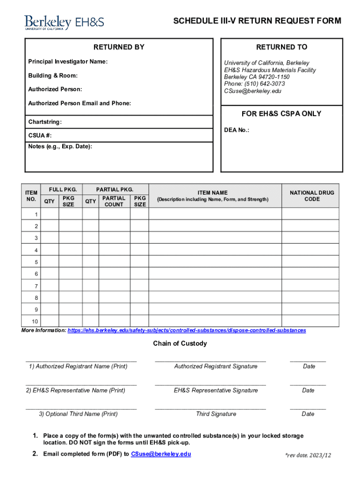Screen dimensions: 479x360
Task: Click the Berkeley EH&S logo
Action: [64, 22]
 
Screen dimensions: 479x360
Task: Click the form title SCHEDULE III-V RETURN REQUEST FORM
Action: [257, 21]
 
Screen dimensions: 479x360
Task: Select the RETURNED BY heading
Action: [119, 47]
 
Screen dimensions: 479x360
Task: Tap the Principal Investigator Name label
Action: [68, 62]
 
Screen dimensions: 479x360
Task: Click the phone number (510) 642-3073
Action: [254, 84]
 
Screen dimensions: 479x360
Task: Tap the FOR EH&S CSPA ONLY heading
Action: [281, 114]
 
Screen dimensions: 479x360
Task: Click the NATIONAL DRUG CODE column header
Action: [312, 196]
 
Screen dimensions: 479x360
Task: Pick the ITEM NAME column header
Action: [213, 193]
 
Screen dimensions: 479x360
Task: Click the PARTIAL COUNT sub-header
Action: [114, 201]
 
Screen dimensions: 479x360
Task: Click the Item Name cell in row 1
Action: [215, 214]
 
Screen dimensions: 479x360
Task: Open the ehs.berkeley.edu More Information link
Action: [187, 330]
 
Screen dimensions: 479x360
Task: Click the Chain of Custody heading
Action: [180, 344]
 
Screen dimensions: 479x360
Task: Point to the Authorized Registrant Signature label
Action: [216, 366]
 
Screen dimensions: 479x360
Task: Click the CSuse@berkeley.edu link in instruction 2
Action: [161, 454]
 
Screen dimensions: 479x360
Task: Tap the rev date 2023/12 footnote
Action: [308, 455]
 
